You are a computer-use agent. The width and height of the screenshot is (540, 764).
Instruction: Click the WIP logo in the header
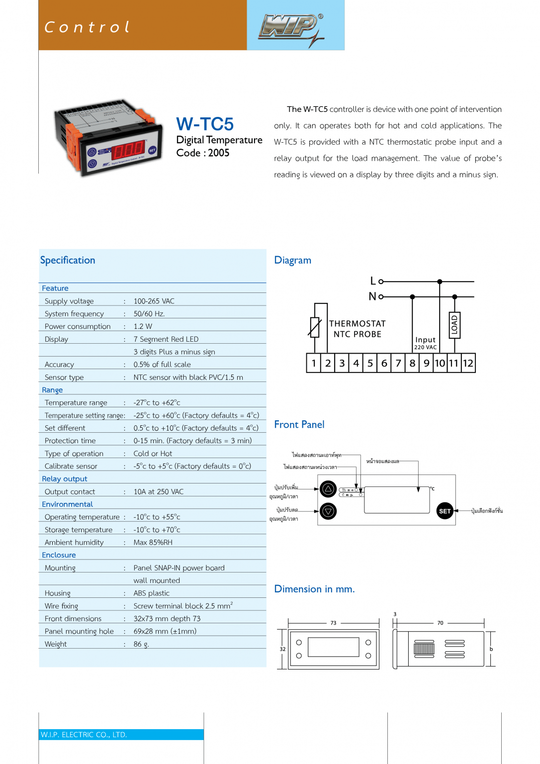click(x=291, y=27)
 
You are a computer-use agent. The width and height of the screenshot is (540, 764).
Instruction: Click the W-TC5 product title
click(x=205, y=124)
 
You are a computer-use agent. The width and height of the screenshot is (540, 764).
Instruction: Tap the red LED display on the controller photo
click(x=128, y=149)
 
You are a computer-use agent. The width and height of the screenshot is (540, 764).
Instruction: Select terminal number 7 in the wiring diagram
click(x=398, y=363)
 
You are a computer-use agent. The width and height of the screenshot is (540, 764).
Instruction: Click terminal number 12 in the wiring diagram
click(x=468, y=363)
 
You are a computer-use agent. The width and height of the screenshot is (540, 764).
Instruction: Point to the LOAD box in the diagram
click(x=454, y=325)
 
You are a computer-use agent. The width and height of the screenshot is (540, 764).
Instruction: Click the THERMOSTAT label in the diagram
click(x=358, y=324)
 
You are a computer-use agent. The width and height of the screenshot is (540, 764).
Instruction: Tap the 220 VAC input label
click(x=426, y=347)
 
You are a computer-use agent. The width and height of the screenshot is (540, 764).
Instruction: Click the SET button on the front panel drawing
click(x=445, y=511)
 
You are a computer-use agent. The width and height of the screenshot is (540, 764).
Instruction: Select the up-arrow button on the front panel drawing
click(x=328, y=489)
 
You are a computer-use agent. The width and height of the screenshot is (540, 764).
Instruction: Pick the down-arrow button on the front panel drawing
click(x=328, y=511)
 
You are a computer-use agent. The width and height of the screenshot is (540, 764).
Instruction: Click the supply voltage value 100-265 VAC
click(x=154, y=301)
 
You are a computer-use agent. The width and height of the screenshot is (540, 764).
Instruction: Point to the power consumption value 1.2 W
click(x=143, y=326)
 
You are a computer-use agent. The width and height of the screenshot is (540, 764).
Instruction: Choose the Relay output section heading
click(x=65, y=478)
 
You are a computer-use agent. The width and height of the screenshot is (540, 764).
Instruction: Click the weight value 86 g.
click(x=141, y=644)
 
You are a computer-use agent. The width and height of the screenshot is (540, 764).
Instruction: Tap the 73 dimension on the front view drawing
click(x=333, y=623)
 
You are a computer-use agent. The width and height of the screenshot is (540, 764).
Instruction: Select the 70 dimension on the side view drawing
click(x=440, y=623)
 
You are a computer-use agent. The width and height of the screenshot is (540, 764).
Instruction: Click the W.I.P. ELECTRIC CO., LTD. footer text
click(x=84, y=735)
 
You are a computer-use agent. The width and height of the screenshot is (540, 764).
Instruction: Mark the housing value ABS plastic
click(x=152, y=593)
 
